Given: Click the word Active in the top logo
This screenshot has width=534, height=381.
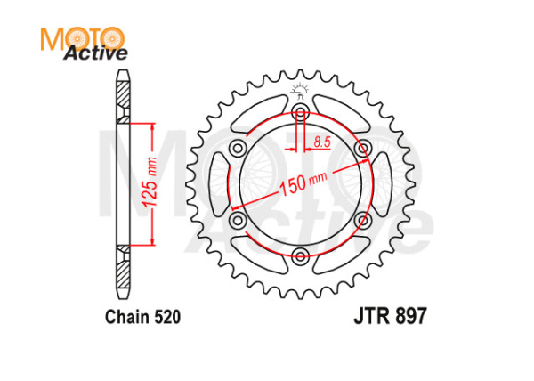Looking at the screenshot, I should tap(94, 54).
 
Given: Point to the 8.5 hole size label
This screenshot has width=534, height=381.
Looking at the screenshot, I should tap(321, 141).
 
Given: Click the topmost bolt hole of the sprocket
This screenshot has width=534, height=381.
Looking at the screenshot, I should tap(300, 112).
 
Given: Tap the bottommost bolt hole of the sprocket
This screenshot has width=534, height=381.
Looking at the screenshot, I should tap(300, 257).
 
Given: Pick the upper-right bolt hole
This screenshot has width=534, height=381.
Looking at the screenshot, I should tap(363, 148).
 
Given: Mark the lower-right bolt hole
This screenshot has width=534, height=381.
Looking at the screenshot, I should tap(363, 221).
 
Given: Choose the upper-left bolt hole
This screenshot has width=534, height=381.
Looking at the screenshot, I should tap(237, 148).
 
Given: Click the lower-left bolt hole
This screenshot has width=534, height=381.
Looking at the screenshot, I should tap(237, 221).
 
